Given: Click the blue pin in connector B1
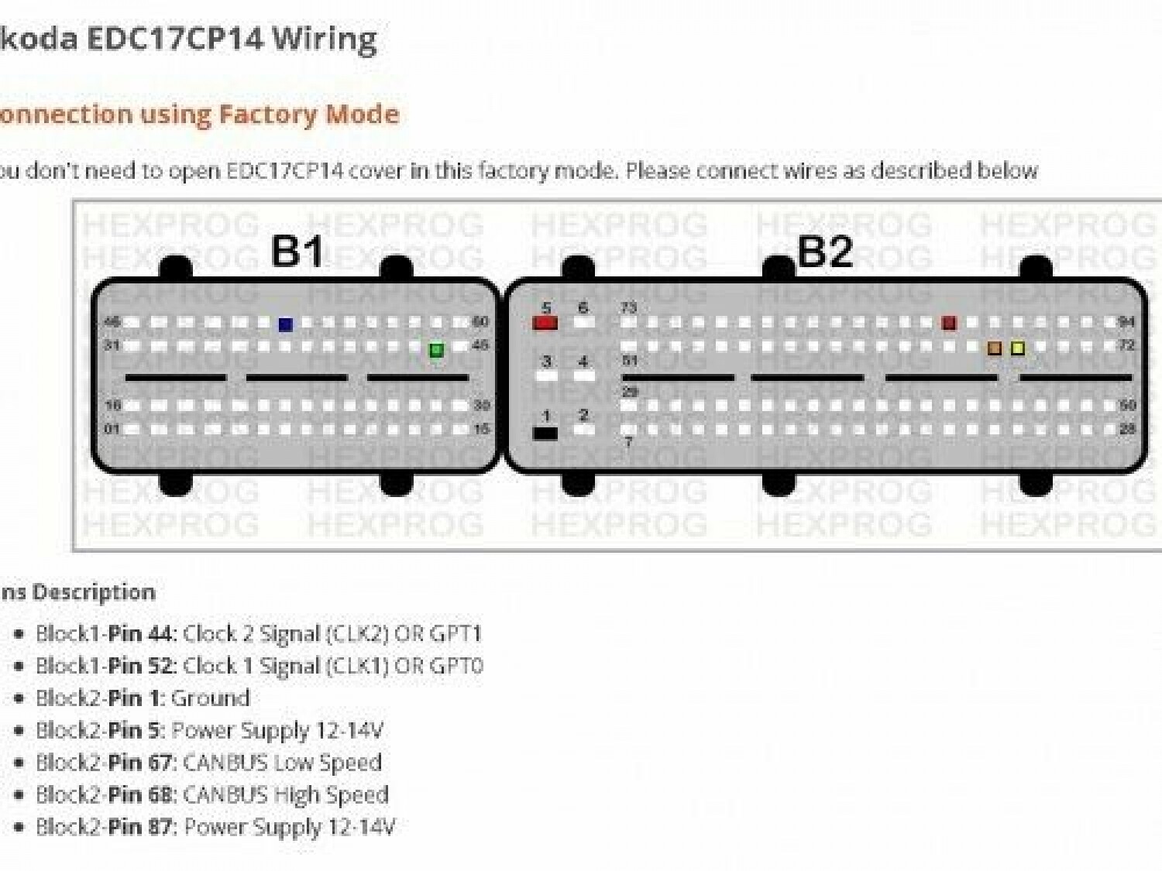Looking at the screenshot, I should click(285, 324).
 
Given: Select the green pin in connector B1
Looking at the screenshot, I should click(436, 350).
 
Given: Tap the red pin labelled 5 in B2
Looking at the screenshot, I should click(545, 322).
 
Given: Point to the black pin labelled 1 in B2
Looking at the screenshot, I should click(545, 433).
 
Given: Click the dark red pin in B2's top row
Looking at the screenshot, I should click(949, 323).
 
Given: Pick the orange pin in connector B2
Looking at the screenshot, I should click(995, 348).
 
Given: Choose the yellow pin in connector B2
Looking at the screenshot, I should click(1018, 348).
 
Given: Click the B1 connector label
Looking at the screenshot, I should click(297, 251).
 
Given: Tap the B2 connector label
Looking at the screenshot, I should click(824, 251).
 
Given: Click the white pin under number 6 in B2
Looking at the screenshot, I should click(583, 322).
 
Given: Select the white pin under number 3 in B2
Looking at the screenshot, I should click(547, 376).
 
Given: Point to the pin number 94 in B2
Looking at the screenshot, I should click(1126, 321).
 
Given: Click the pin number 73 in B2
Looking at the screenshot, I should click(628, 308).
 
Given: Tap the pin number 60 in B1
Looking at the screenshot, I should click(480, 321).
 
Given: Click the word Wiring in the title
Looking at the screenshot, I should click(325, 39).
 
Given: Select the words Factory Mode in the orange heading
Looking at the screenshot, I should click(309, 115).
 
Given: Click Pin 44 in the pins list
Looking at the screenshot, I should click(139, 634).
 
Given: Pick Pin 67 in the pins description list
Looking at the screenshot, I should click(139, 763).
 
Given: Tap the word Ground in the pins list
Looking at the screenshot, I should click(210, 698).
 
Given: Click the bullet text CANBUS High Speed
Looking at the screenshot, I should click(285, 795).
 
